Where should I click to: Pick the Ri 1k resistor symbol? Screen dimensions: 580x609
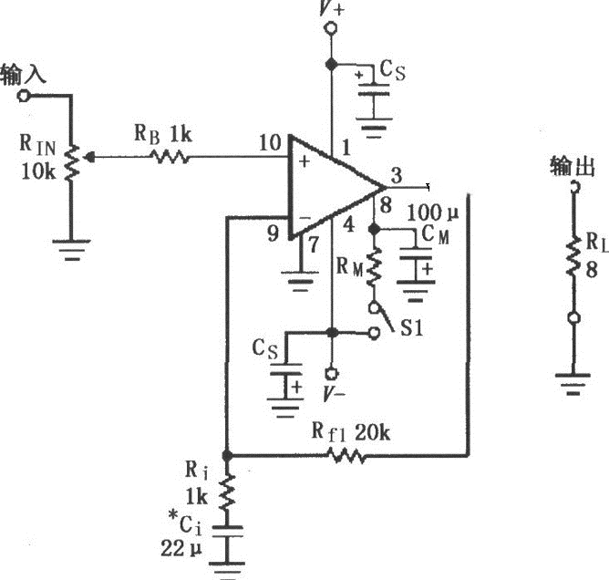(x=227, y=492)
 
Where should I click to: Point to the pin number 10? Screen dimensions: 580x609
(x=270, y=142)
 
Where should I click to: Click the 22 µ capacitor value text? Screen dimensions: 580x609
(x=183, y=549)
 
